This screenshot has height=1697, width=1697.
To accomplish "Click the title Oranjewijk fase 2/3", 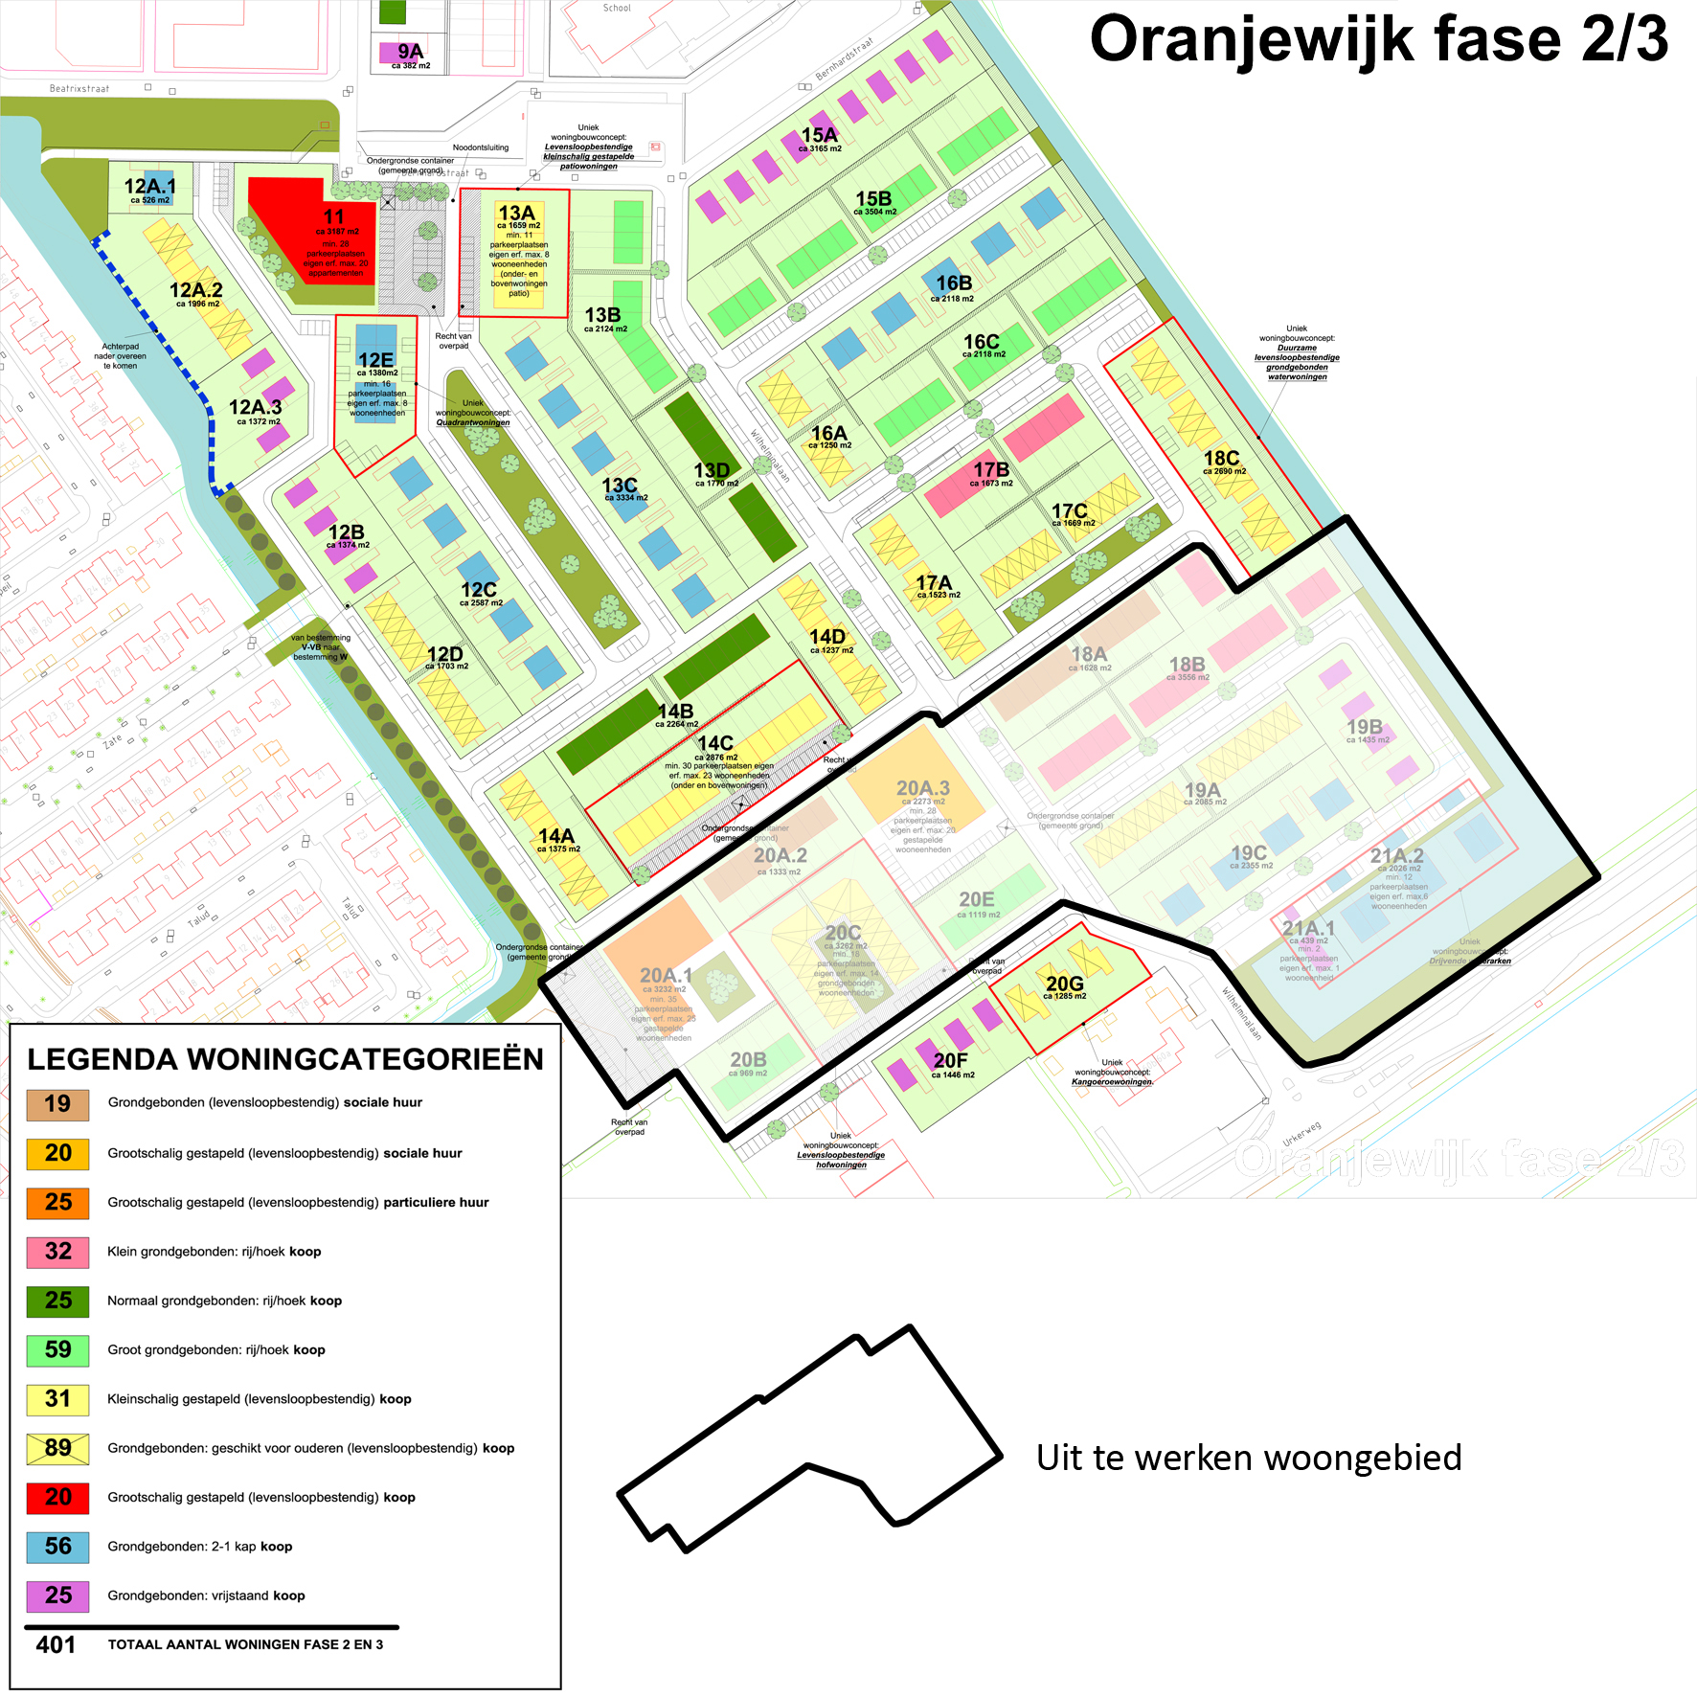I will pos(1379,40).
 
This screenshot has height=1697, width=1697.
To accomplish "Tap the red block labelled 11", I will pos(316,235).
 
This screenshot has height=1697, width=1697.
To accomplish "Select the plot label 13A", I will pos(516,213).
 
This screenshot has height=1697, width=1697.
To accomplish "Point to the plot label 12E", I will pos(375,359).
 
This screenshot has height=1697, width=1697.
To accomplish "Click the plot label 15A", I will pos(819,135).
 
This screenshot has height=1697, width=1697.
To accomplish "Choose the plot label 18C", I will pos(1221,459).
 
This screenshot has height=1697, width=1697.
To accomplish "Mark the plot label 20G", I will pos(1064,984).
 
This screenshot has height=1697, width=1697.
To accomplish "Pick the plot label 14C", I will pos(715,743).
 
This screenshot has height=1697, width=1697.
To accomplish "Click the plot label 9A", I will pos(410,52).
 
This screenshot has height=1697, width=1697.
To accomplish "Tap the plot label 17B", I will pos(991,470).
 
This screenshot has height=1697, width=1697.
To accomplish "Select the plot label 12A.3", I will pos(255,407).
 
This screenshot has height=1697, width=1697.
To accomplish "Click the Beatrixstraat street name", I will pos(79,89).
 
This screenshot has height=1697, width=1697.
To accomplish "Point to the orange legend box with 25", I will pos(58,1202).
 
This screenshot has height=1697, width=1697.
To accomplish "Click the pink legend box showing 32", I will pos(58,1251).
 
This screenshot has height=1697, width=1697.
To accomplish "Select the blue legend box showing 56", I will pos(58,1546).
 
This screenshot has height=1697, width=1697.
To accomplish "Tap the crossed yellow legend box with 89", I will pos(58,1447).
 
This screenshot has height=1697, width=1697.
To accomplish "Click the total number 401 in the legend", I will pos(56,1644).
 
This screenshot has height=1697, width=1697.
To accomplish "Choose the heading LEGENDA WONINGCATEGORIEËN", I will pos(285,1059).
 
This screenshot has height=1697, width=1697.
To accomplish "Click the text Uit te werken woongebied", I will pos(1249,1458).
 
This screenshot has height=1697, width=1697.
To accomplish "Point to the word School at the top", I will pos(617,9).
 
